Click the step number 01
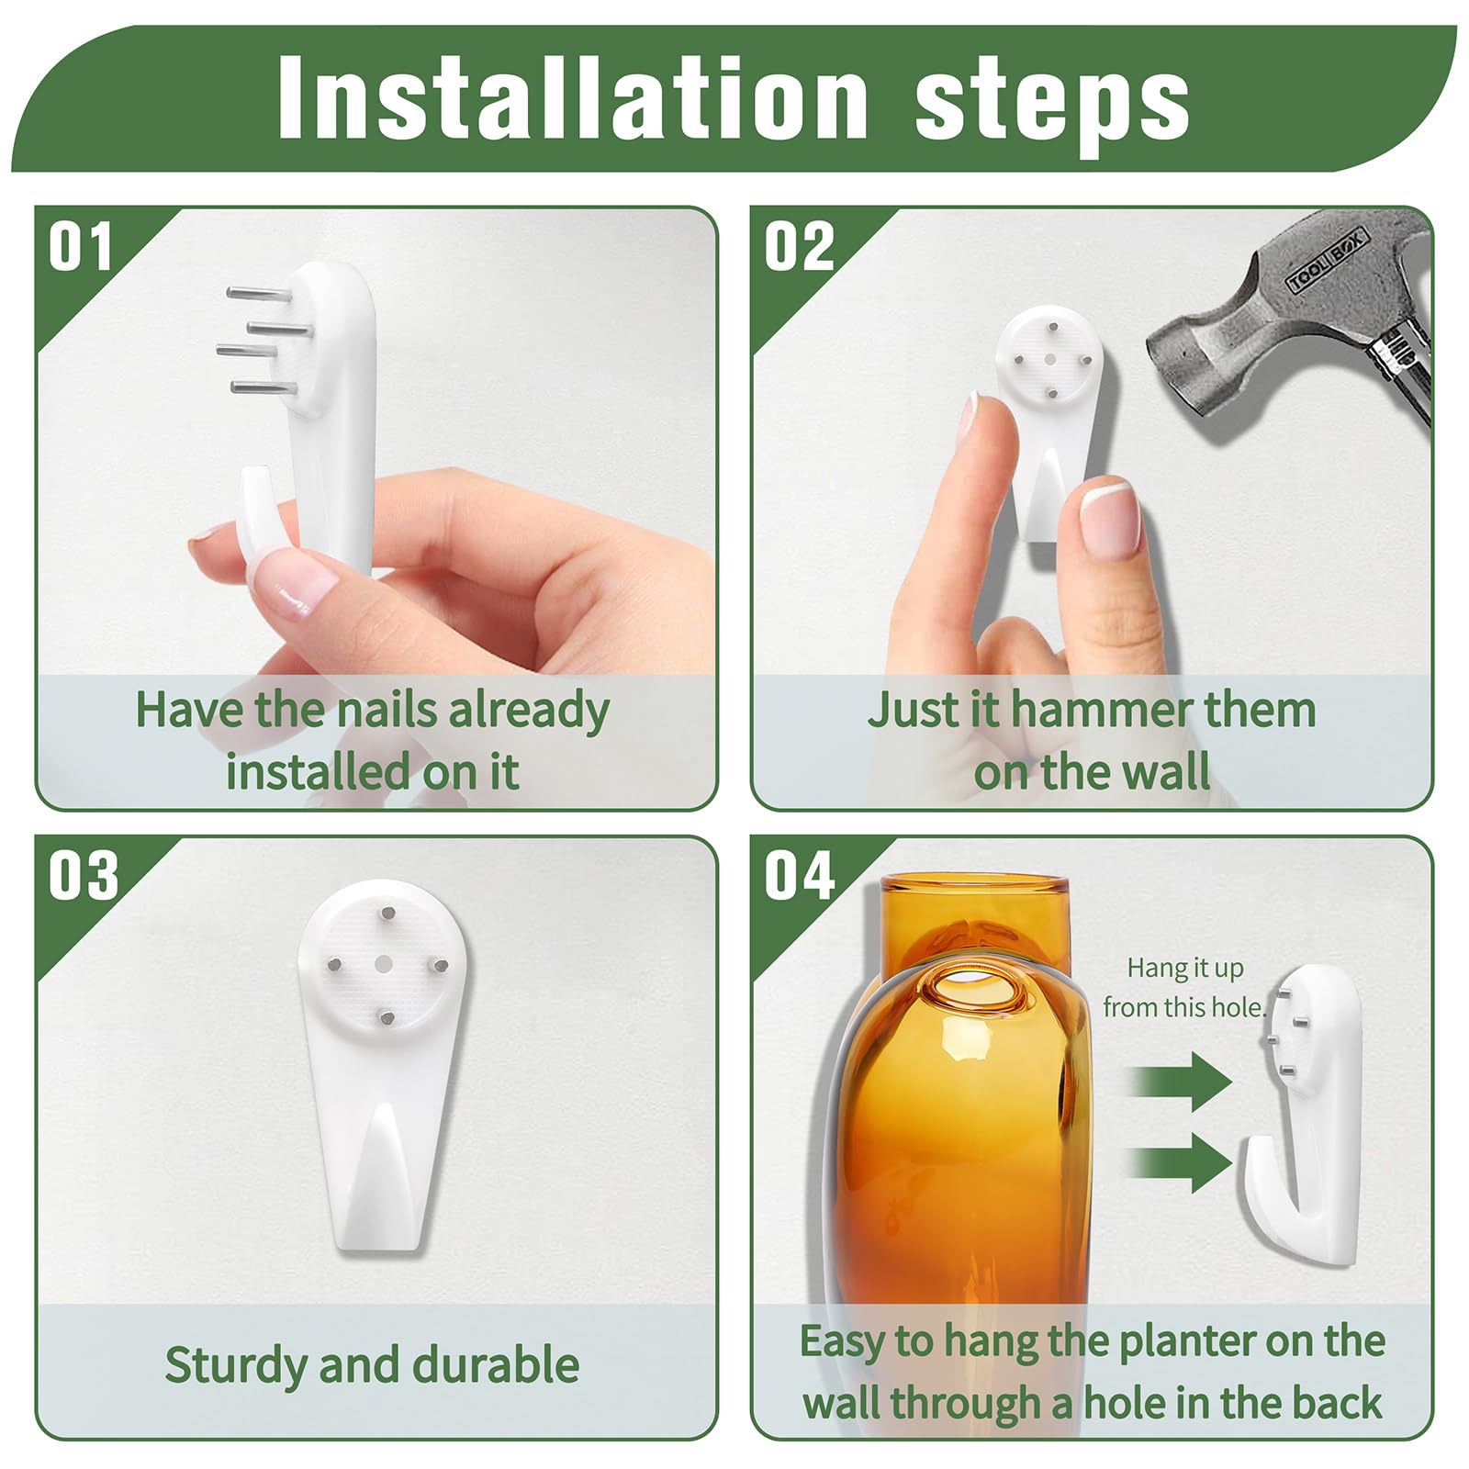coord(81,247)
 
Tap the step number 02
coord(800,247)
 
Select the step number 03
coord(84,876)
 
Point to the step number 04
coord(800,876)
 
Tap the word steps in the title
coord(1052,106)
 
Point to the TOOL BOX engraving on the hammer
coord(1328,262)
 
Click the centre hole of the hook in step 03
coord(385,962)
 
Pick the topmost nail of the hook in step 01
coord(258,293)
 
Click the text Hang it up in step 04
coord(1185,970)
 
